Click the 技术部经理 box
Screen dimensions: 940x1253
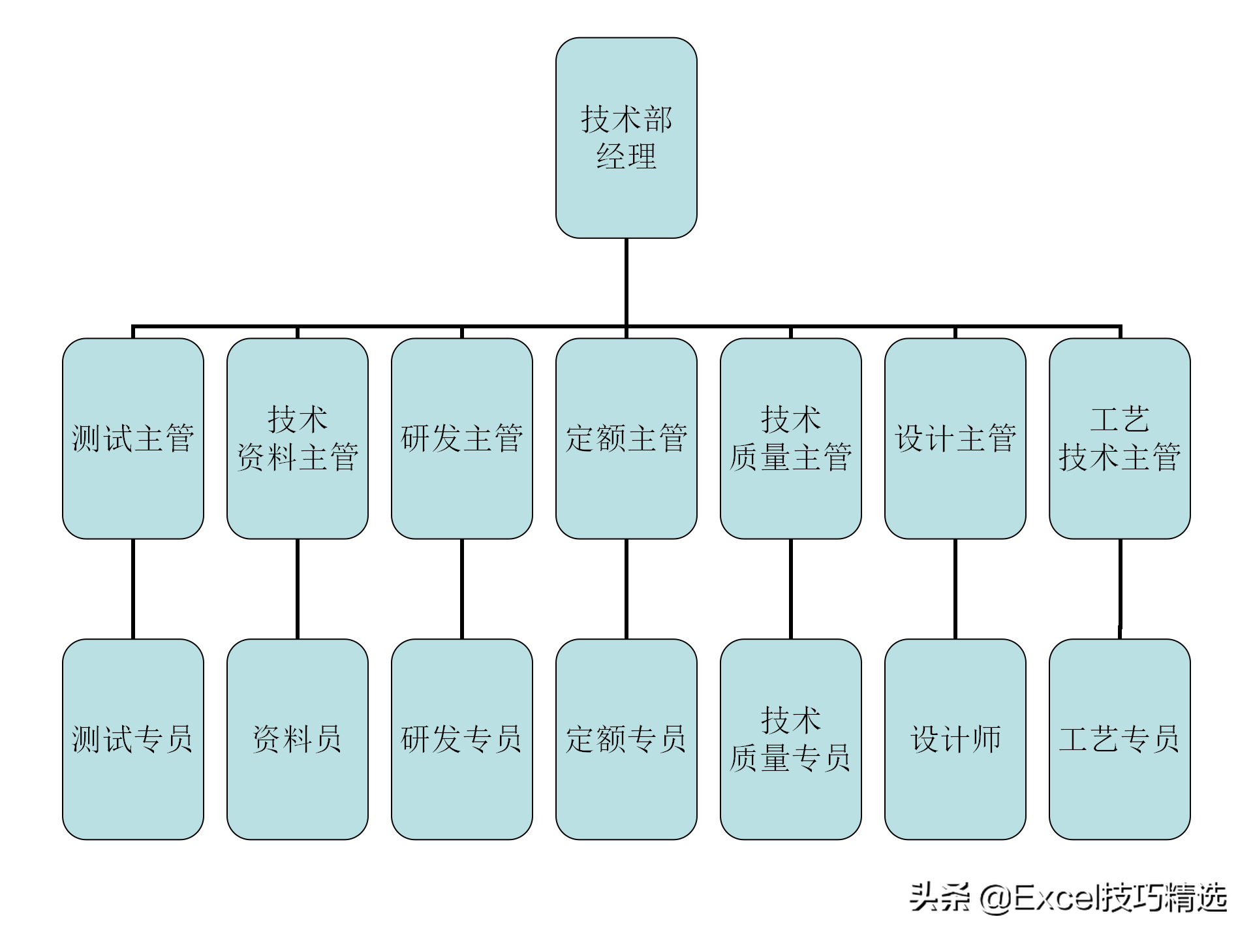click(626, 138)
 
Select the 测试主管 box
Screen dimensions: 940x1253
click(133, 438)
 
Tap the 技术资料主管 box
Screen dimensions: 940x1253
click(298, 438)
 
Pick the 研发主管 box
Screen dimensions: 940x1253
click(462, 438)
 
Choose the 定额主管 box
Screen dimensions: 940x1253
click(626, 438)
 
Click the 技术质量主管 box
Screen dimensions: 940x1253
click(790, 438)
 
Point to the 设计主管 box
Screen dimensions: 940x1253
click(955, 438)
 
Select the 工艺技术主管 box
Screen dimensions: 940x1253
click(1119, 438)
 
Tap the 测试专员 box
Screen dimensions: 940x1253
click(133, 739)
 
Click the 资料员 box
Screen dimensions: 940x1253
click(298, 739)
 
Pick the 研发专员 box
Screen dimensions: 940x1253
click(462, 739)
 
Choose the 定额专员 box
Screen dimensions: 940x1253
click(626, 739)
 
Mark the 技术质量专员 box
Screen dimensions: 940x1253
click(790, 739)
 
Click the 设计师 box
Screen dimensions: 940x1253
click(955, 739)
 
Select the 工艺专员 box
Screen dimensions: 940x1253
click(1119, 739)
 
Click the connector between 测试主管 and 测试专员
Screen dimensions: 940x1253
click(133, 589)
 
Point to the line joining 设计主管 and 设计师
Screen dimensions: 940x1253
click(955, 589)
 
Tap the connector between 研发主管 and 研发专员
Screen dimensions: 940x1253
click(462, 589)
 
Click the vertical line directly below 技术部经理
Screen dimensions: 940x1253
click(626, 281)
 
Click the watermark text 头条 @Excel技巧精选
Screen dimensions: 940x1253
click(1068, 898)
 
